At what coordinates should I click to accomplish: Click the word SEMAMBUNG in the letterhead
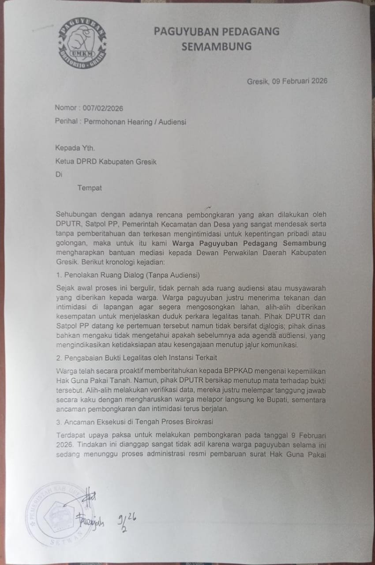click(216, 46)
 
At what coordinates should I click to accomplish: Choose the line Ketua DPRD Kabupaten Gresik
click(106, 162)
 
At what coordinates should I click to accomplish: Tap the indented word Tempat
click(90, 188)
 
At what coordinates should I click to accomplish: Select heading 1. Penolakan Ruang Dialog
click(128, 275)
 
